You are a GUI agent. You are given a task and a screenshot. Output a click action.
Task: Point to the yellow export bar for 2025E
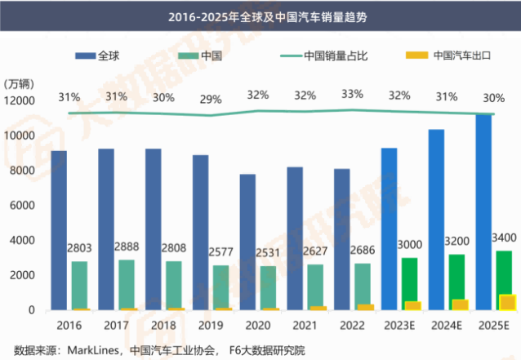[506, 302]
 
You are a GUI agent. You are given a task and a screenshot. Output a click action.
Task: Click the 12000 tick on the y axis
[20, 100]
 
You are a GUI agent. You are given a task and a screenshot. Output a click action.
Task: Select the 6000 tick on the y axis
[23, 205]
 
